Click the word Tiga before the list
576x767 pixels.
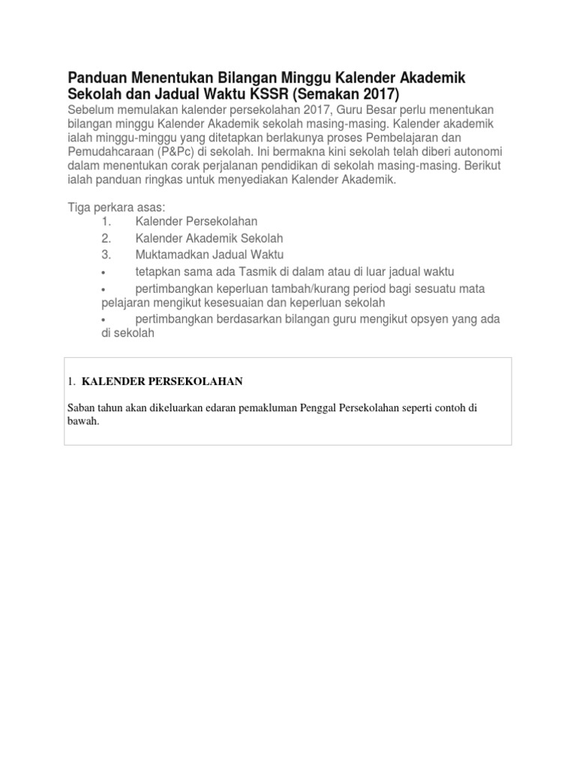click(x=80, y=207)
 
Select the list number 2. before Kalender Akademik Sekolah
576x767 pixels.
click(x=106, y=238)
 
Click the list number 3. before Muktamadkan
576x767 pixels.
click(x=106, y=255)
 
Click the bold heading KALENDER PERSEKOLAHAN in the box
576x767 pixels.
click(x=162, y=381)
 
